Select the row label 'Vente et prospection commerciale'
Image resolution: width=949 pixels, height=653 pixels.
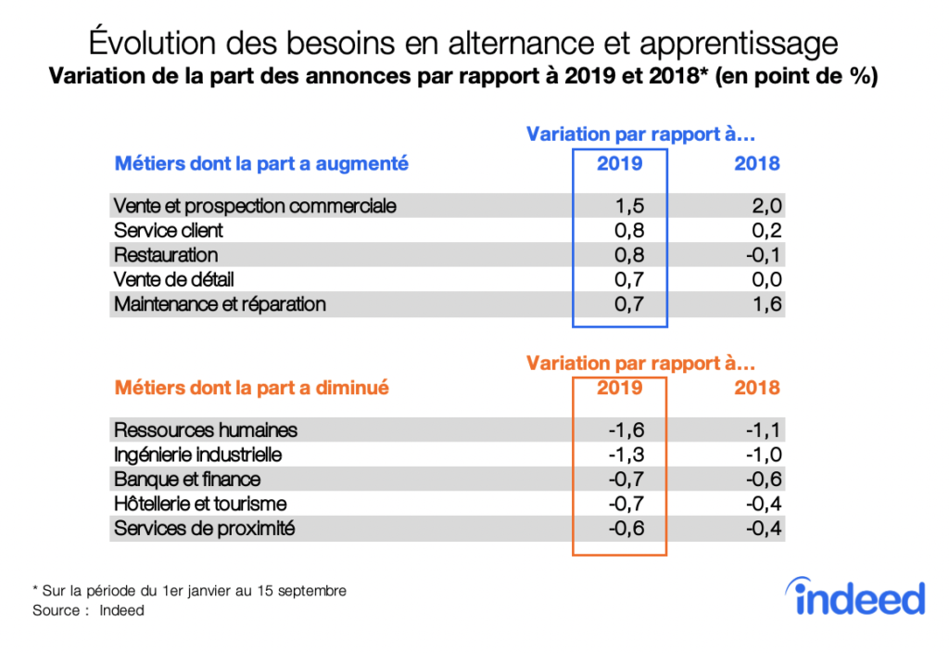(x=255, y=205)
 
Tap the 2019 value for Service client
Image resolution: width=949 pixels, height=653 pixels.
(x=628, y=230)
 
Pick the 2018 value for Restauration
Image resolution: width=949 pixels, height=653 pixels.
(x=763, y=255)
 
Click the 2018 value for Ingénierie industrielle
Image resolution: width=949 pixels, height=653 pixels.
(x=763, y=455)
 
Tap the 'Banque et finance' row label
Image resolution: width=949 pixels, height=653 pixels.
(x=187, y=480)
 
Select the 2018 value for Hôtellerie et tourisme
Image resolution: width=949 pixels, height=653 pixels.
(x=763, y=504)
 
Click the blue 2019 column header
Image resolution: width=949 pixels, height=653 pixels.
(x=619, y=164)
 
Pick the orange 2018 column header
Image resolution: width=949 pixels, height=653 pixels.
(x=757, y=388)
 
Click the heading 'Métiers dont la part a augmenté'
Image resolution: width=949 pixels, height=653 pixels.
(x=261, y=164)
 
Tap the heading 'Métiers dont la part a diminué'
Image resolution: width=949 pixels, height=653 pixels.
(x=251, y=388)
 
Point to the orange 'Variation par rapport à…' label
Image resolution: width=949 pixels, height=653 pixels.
(x=640, y=363)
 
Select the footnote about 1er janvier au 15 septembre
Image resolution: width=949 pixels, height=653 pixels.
(x=189, y=591)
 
